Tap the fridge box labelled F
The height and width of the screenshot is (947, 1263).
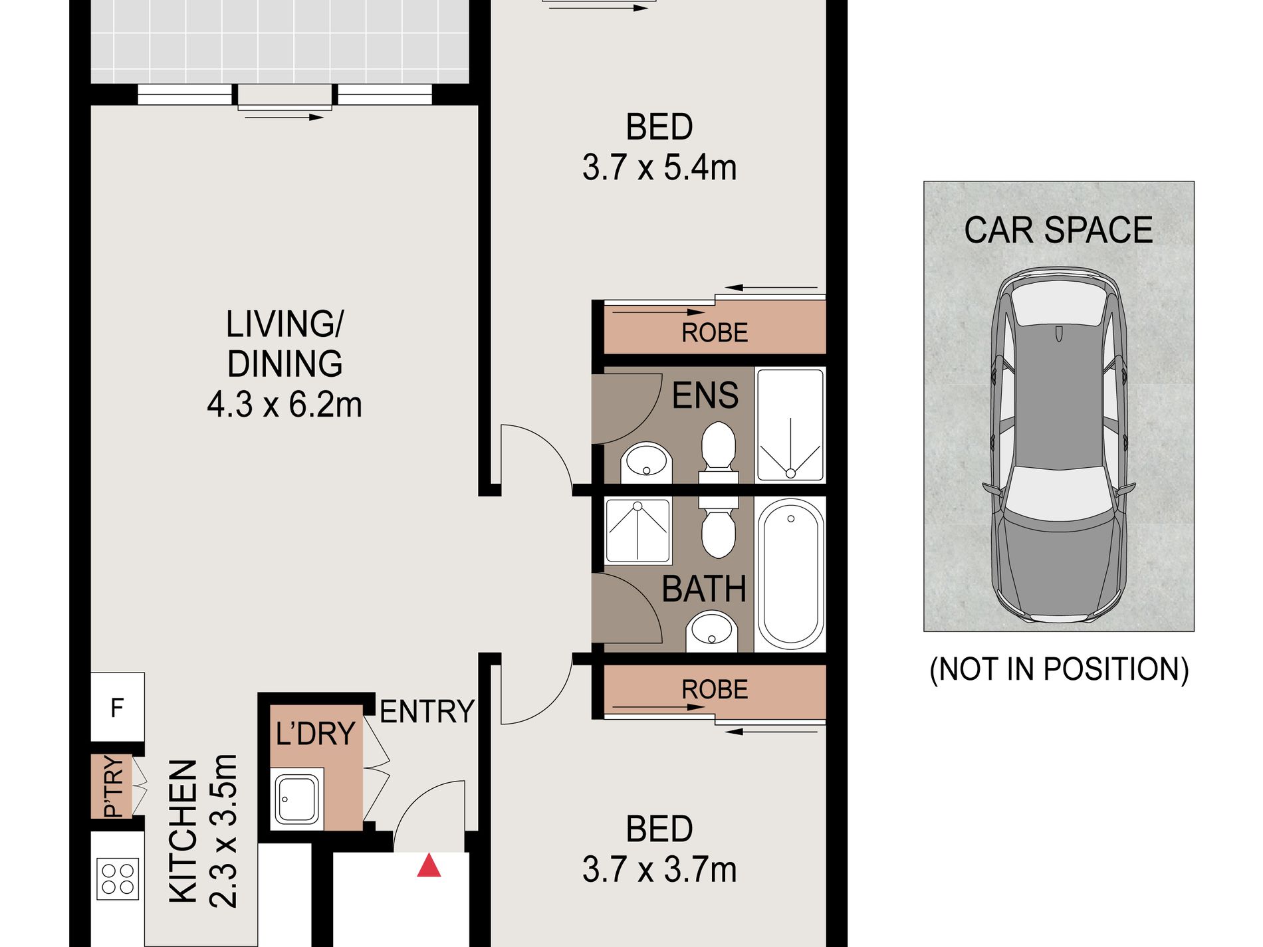(118, 707)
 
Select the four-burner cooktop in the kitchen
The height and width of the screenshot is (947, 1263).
(118, 879)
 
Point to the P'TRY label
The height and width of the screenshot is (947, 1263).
(114, 787)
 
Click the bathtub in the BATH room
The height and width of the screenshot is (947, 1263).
(790, 574)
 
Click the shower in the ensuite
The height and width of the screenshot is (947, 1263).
(790, 424)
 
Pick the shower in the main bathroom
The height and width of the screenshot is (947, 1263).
(637, 531)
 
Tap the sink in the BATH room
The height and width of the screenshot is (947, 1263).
(712, 632)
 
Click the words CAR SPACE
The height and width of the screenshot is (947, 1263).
(1058, 230)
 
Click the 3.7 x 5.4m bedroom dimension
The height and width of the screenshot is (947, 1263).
(659, 167)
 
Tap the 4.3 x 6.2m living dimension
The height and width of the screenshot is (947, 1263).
(285, 404)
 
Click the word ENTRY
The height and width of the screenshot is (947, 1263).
(427, 711)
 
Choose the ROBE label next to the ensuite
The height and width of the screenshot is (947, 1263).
(715, 332)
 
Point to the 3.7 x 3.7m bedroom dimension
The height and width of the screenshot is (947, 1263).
(659, 869)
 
